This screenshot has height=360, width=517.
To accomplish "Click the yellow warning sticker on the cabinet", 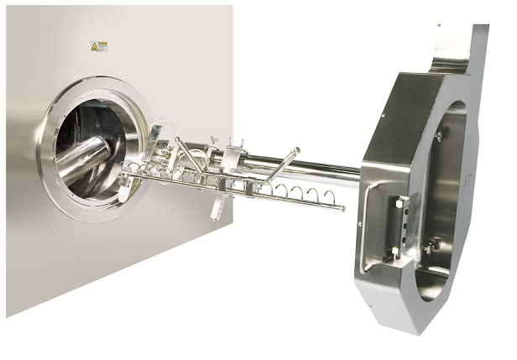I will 99,47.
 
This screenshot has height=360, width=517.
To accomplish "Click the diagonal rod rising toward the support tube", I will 280,163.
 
